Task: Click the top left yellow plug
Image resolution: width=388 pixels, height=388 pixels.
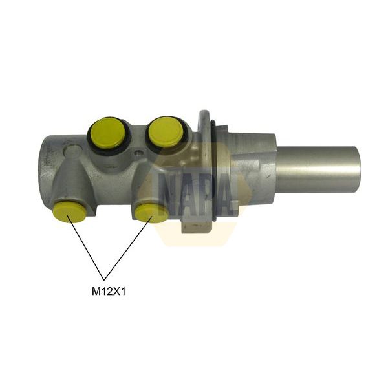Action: [x=107, y=132]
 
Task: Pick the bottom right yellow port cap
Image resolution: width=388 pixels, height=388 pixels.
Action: [x=152, y=212]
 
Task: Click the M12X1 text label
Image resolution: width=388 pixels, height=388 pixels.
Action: [x=109, y=291]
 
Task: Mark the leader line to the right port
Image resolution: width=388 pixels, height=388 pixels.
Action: [x=129, y=246]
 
